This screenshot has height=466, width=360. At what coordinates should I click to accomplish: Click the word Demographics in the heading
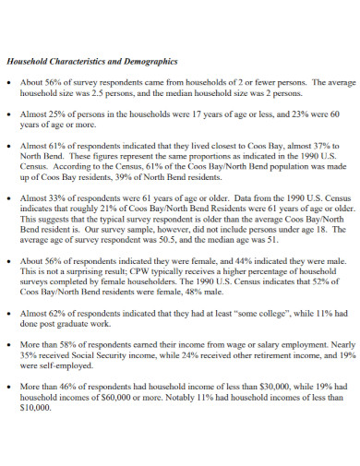coord(146,63)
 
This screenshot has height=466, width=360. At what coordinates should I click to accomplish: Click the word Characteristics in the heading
coord(76,63)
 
